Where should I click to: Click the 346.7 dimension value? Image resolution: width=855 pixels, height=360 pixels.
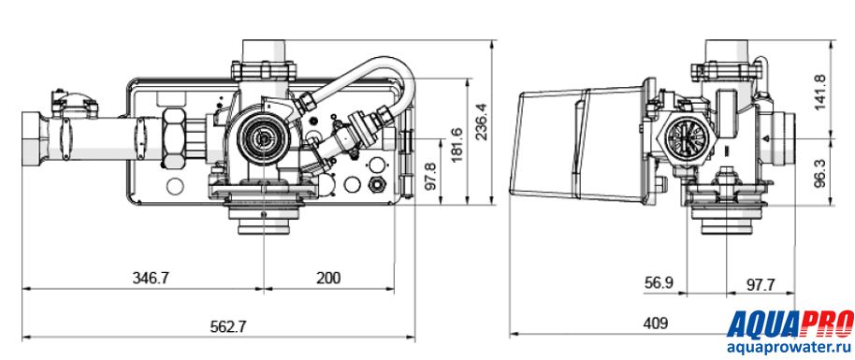click(x=151, y=278)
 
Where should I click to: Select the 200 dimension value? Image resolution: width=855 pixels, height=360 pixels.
click(x=328, y=278)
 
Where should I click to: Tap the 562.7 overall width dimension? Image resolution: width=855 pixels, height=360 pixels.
click(x=228, y=326)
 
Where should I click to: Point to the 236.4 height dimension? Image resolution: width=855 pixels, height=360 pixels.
click(x=482, y=122)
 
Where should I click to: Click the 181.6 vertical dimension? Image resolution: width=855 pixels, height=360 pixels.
click(x=456, y=145)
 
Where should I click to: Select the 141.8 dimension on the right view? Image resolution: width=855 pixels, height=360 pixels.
click(x=822, y=92)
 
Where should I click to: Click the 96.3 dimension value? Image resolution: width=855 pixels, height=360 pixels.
click(x=822, y=173)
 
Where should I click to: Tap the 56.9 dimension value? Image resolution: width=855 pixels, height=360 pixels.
click(x=659, y=283)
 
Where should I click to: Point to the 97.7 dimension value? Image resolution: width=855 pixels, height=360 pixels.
click(x=761, y=283)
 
